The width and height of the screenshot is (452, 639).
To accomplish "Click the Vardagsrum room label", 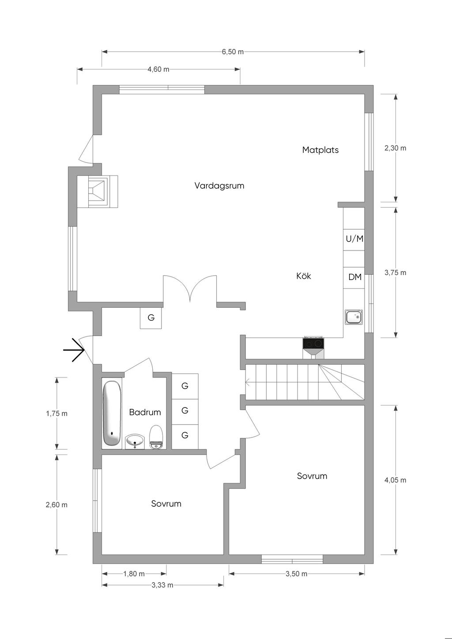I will pyautogui.click(x=219, y=186).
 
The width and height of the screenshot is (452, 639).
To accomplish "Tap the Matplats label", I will pyautogui.click(x=320, y=150).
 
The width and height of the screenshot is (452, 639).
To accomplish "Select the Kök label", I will pyautogui.click(x=304, y=276).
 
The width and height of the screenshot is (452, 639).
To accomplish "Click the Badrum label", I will pyautogui.click(x=145, y=412).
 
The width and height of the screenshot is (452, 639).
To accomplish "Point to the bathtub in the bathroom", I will pyautogui.click(x=112, y=414).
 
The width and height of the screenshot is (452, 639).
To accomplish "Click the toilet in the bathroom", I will pyautogui.click(x=156, y=437).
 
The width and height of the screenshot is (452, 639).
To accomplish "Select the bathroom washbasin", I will pyautogui.click(x=135, y=441).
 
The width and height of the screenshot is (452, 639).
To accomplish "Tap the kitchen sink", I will pyautogui.click(x=354, y=317).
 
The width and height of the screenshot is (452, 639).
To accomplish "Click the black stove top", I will pyautogui.click(x=313, y=343).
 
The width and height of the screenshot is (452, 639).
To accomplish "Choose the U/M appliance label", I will pyautogui.click(x=354, y=239).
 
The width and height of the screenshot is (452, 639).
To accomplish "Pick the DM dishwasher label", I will pyautogui.click(x=355, y=277).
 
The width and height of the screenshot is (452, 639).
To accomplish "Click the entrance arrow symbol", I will pyautogui.click(x=74, y=351).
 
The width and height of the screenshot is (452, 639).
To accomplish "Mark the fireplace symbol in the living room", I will pyautogui.click(x=98, y=191).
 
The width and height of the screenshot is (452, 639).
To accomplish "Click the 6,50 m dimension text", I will pyautogui.click(x=233, y=52).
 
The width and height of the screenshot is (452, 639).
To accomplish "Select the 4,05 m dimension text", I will pyautogui.click(x=395, y=480).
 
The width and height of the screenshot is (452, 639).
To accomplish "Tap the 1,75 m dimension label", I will pyautogui.click(x=56, y=414).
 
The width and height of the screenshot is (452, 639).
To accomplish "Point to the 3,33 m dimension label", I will pyautogui.click(x=162, y=585).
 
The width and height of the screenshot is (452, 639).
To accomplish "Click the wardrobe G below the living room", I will pyautogui.click(x=151, y=318).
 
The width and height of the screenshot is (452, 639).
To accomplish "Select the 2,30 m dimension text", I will pyautogui.click(x=395, y=148).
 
